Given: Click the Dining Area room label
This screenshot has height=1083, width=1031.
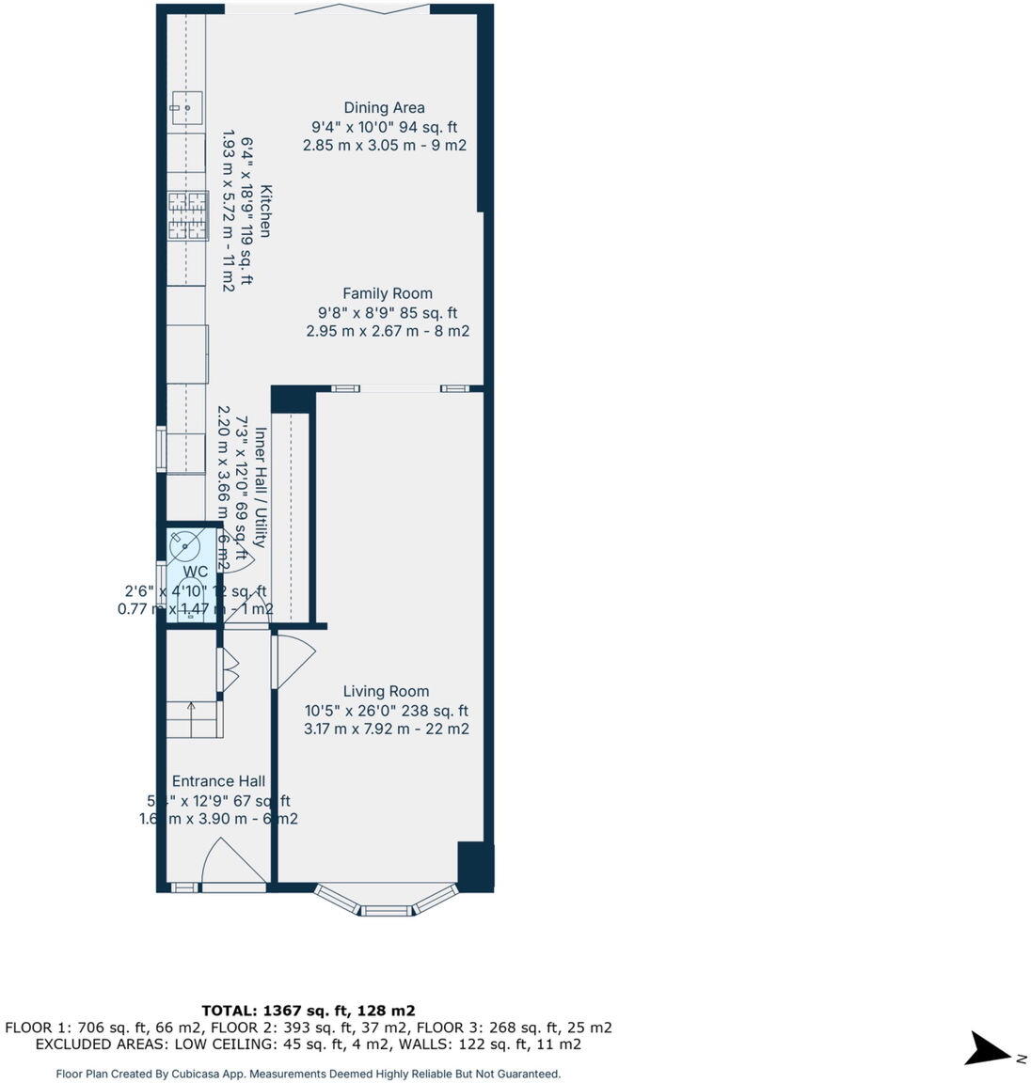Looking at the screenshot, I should (384, 108).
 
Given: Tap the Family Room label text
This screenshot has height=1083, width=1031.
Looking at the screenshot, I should (387, 293).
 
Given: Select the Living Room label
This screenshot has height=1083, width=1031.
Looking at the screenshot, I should (386, 691).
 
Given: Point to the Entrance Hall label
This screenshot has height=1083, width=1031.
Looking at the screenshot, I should (218, 781).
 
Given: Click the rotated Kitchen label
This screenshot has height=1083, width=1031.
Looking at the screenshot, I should (265, 212).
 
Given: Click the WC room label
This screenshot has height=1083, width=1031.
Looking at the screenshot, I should (196, 572).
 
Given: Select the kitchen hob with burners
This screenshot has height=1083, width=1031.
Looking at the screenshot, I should (187, 215).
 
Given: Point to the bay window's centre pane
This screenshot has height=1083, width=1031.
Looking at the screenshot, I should (387, 909).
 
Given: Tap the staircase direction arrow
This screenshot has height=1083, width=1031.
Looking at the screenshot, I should (192, 706).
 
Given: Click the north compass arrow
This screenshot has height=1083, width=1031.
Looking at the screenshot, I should (989, 1049).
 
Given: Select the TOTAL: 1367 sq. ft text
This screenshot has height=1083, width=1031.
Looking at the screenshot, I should (309, 1011).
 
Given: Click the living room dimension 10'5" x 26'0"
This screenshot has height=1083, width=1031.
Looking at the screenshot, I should (386, 711).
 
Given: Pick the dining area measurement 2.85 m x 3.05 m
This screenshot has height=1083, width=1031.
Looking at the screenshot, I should (384, 146).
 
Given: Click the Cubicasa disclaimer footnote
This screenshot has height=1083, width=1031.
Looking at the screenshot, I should (309, 1074).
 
